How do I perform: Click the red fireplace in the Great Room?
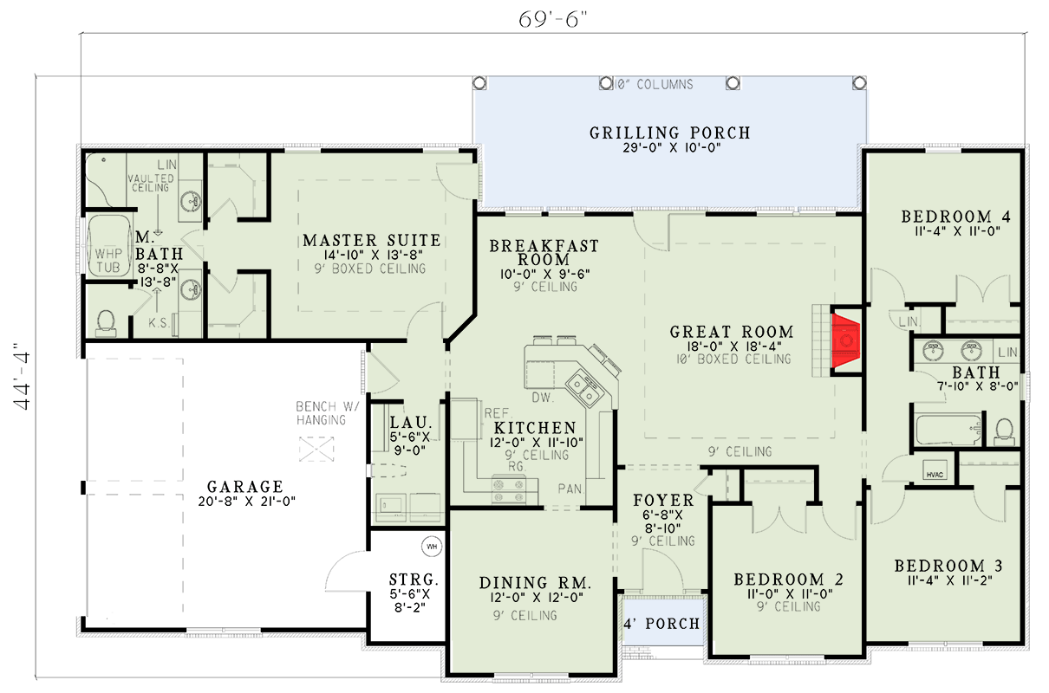coord(845,341)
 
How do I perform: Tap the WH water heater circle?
coord(432,547)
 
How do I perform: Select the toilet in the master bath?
coord(106,321)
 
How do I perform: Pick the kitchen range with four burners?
coord(509,490)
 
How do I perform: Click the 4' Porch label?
coord(662,624)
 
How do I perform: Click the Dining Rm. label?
coord(534,583)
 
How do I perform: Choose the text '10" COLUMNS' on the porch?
coord(654,84)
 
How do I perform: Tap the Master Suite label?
coord(371,240)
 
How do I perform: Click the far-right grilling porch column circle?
coord(859,82)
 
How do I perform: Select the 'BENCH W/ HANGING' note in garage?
coord(320,413)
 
